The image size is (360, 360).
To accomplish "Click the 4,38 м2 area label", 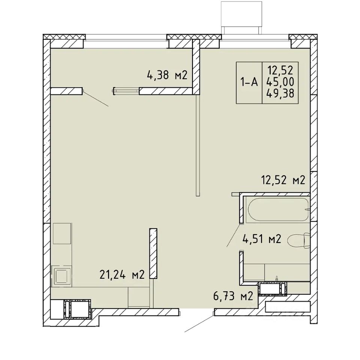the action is pyautogui.click(x=167, y=75).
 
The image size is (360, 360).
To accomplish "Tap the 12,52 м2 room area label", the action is pyautogui.click(x=283, y=180).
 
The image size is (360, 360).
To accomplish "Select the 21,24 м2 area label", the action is pyautogui.click(x=122, y=274).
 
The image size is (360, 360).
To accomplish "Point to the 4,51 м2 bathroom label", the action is pyautogui.click(x=262, y=239).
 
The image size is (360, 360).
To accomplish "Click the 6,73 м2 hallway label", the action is pyautogui.click(x=233, y=296).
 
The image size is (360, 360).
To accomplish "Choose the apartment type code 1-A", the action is pyautogui.click(x=249, y=82).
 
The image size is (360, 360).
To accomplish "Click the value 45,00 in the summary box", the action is pyautogui.click(x=280, y=82).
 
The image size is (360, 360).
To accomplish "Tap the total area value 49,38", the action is pyautogui.click(x=280, y=93).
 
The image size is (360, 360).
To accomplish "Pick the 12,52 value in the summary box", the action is pyautogui.click(x=280, y=70).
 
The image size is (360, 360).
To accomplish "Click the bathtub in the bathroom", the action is pyautogui.click(x=277, y=209).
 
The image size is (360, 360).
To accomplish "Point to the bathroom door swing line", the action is pyautogui.click(x=234, y=235).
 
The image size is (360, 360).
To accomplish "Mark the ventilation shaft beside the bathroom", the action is pyautogui.click(x=273, y=289).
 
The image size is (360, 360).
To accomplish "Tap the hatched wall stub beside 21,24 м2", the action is pyautogui.click(x=153, y=253).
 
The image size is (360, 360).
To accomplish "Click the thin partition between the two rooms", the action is pyautogui.click(x=198, y=145).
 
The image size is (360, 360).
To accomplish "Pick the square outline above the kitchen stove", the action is pyautogui.click(x=62, y=233).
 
